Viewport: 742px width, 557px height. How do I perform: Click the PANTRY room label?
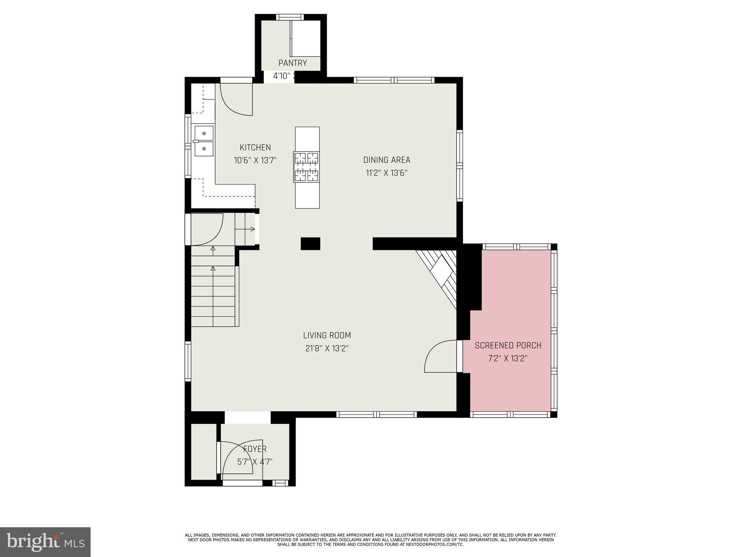tap(292, 63)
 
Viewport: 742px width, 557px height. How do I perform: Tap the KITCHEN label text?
tap(255, 148)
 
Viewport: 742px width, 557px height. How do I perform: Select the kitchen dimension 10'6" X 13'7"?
tap(255, 160)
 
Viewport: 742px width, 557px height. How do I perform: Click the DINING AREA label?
tap(387, 160)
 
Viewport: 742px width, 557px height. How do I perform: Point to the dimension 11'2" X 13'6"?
tap(387, 173)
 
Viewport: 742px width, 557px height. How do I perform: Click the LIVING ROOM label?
tap(327, 335)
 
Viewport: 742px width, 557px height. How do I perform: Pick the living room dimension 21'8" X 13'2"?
tap(327, 348)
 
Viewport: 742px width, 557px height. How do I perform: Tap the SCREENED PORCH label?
tap(508, 346)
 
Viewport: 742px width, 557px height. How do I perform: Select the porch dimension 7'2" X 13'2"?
tap(508, 359)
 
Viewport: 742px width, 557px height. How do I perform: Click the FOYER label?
tap(255, 449)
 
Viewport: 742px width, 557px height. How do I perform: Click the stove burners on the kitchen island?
tap(307, 167)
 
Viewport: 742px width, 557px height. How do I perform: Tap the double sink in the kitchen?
tap(204, 141)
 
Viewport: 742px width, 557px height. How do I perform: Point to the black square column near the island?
tap(310, 244)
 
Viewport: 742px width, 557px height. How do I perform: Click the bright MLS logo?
tap(45, 542)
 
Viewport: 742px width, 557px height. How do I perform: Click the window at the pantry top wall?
tap(290, 17)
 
